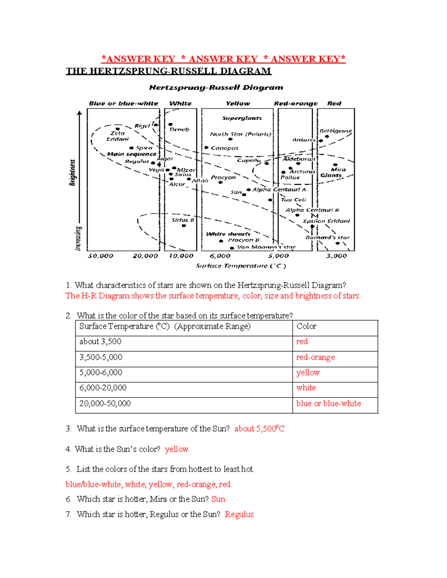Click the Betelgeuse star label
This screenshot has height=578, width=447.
click(x=335, y=131)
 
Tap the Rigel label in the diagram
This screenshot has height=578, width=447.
click(x=142, y=126)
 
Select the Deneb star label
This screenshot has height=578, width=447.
click(x=180, y=130)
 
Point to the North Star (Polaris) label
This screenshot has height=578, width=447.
click(x=240, y=134)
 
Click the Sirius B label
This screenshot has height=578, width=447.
click(x=183, y=220)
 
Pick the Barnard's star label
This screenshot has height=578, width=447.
click(x=327, y=237)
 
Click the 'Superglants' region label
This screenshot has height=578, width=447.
click(x=242, y=118)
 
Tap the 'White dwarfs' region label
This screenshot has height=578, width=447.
click(x=228, y=234)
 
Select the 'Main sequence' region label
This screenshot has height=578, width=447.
click(x=131, y=154)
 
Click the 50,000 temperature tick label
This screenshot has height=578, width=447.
click(x=101, y=256)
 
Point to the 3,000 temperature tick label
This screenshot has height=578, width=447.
click(x=336, y=256)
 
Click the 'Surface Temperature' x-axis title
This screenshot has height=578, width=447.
click(x=241, y=266)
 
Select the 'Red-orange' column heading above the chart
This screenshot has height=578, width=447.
click(x=295, y=103)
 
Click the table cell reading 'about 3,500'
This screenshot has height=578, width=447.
click(x=100, y=342)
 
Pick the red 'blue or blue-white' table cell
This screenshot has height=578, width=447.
click(x=329, y=403)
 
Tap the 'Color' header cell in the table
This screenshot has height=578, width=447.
click(x=306, y=326)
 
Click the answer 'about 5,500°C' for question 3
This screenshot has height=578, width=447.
click(x=259, y=429)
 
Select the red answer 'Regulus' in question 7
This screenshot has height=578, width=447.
click(x=239, y=514)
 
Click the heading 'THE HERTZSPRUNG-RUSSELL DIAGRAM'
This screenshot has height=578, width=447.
click(x=168, y=71)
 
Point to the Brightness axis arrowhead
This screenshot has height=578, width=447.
click(x=79, y=113)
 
